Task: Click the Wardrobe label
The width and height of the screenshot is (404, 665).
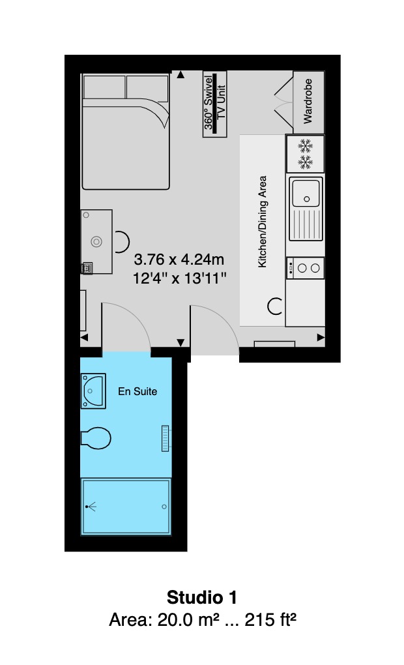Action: pos(308,101)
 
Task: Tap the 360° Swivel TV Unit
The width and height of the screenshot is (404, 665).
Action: pos(215,104)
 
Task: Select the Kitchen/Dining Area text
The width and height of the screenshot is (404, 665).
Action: pos(263,222)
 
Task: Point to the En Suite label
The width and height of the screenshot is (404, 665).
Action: pos(137,391)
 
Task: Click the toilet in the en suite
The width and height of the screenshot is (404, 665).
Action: pos(96,438)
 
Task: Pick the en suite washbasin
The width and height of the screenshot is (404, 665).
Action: pos(93,391)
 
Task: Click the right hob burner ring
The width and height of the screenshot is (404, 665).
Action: pos(315,268)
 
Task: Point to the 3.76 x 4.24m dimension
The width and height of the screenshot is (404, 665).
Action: pos(179,259)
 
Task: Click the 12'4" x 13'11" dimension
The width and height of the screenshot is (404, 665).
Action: pos(179,278)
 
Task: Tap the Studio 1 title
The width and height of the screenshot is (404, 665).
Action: pos(202,597)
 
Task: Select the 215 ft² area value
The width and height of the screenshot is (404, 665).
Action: pos(270,619)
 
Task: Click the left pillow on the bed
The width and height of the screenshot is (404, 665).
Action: pos(105,88)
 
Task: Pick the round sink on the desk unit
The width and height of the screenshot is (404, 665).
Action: pos(96,242)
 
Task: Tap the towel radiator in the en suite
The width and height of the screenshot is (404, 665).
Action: pos(166,438)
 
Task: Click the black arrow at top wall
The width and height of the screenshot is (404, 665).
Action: pos(180,75)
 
